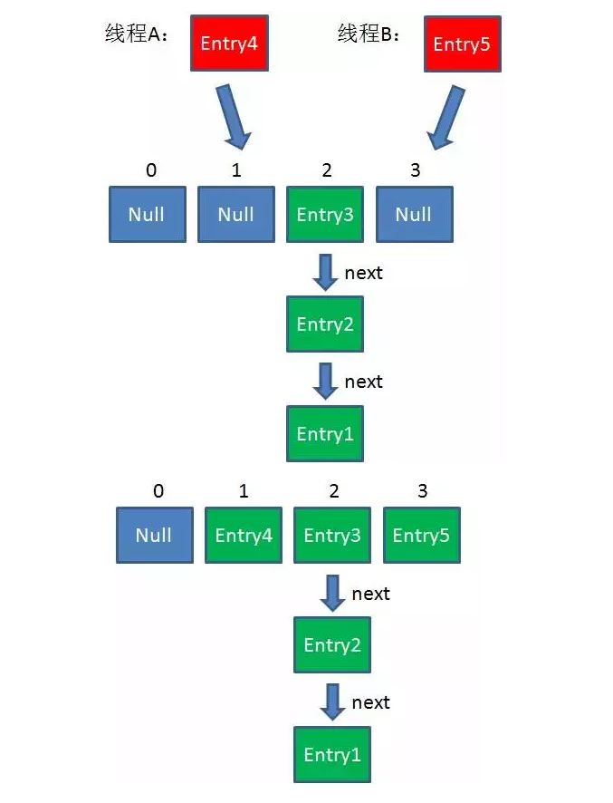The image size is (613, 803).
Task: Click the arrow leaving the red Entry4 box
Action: pos(232,116)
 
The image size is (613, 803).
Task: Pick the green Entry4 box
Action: pos(244,536)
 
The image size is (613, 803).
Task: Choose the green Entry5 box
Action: pos(421,536)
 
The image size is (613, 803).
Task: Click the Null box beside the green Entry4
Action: pos(154,536)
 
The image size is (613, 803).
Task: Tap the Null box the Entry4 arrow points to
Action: pos(236,215)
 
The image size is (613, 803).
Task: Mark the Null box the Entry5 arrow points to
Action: pos(414,215)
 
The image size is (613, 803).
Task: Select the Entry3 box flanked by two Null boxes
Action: pos(325,215)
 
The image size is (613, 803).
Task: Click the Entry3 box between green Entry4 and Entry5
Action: pos(332,536)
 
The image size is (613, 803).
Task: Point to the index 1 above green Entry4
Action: pos(244,492)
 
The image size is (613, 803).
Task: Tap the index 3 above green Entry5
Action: pos(421,492)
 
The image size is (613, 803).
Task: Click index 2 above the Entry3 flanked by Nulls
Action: pos(326,170)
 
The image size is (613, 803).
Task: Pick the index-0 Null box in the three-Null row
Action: pos(147,215)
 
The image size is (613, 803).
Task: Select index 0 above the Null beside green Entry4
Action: pos(158,492)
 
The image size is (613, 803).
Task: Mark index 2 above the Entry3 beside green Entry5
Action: pos(334,492)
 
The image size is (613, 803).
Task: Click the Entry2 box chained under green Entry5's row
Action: pos(332,645)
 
